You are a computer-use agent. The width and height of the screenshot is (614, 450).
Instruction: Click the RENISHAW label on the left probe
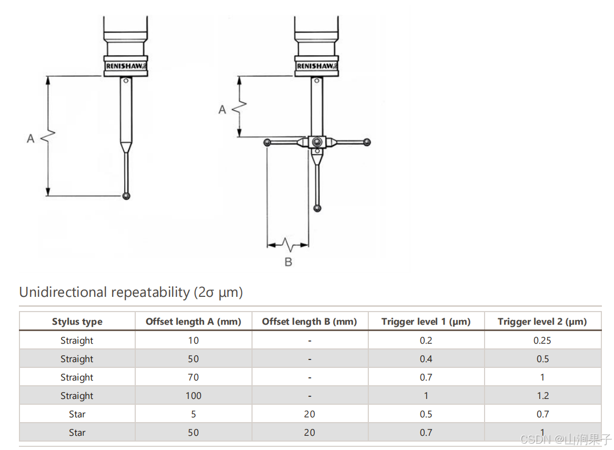126,66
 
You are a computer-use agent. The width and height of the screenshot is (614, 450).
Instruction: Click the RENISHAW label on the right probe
316,66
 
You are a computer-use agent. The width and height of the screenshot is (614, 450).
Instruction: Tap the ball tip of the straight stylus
126,196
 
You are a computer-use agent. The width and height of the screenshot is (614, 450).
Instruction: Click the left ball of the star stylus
267,142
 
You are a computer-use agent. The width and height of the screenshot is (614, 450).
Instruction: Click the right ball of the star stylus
367,142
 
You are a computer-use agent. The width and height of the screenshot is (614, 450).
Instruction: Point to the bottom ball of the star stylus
318,208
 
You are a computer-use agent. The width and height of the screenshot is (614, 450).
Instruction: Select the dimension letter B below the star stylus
288,262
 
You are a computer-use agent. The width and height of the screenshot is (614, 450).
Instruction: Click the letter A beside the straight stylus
31,138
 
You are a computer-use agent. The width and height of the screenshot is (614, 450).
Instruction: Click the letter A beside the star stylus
222,109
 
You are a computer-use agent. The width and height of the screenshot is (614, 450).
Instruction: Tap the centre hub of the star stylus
317,142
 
